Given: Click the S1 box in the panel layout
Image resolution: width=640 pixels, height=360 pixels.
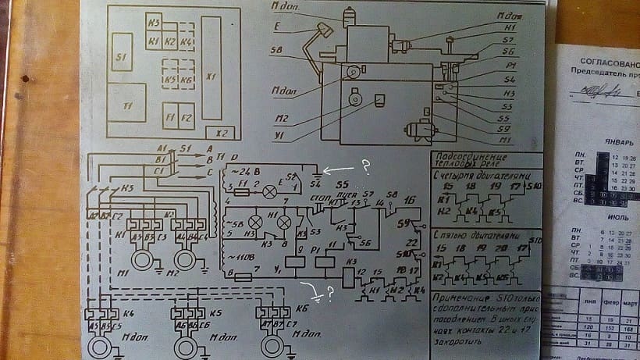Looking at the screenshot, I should [x=122, y=52].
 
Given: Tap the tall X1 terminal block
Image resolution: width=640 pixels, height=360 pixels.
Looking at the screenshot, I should [x=212, y=69].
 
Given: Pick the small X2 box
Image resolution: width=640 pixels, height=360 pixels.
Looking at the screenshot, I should [x=222, y=133].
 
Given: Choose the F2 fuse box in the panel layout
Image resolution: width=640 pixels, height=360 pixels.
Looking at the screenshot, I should [x=187, y=116].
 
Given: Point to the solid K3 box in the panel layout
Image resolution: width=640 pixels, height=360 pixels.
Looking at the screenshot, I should [x=154, y=23].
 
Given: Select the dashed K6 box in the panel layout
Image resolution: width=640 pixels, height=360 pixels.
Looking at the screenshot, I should [x=187, y=80].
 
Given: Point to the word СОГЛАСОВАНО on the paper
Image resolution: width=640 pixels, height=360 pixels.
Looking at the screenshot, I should [x=605, y=59].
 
